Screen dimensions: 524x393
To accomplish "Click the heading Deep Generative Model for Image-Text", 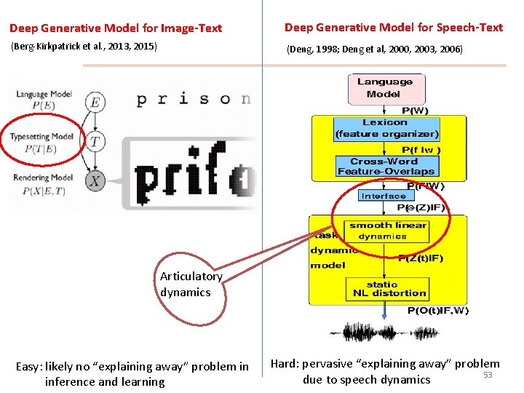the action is [x=116, y=28].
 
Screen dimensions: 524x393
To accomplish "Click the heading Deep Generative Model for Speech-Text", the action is [x=393, y=28].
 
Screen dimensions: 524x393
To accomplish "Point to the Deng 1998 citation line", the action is [x=374, y=49].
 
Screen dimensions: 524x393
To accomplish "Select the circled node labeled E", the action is [x=95, y=103].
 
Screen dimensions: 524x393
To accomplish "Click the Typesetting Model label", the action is [x=41, y=136].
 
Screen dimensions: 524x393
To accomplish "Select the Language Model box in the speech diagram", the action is [x=384, y=88].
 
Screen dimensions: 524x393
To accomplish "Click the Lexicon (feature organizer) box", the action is [x=386, y=128].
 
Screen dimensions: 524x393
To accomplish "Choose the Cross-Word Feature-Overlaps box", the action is [x=385, y=167].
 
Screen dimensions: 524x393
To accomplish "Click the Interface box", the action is [x=384, y=196].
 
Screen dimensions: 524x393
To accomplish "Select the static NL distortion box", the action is [x=386, y=289].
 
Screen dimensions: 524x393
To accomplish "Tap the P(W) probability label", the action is [x=415, y=110].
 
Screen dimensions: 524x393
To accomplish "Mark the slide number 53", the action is [x=488, y=375].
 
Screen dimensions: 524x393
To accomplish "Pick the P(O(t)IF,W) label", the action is [x=438, y=311].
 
